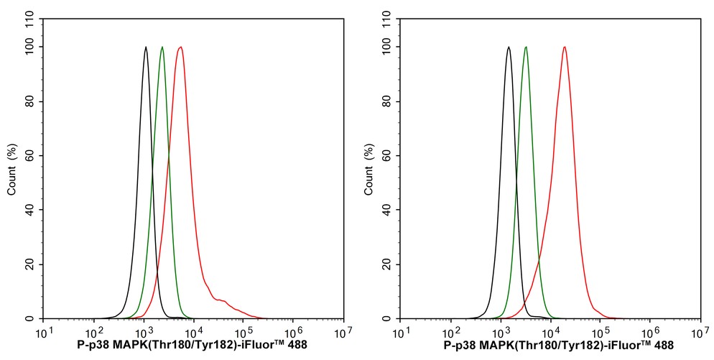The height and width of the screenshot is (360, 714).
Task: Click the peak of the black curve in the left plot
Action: tap(146, 47)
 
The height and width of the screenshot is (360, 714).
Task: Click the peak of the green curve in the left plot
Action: tap(162, 47)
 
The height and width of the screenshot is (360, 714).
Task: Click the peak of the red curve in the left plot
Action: tap(180, 47)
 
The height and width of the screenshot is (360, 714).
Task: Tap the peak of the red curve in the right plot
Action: tap(565, 47)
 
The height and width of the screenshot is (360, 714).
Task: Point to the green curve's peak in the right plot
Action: tap(526, 47)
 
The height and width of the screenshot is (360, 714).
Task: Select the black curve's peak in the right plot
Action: tap(509, 47)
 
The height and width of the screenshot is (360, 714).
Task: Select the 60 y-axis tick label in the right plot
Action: tap(389, 156)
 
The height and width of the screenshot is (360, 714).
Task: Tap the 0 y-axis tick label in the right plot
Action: tap(391, 318)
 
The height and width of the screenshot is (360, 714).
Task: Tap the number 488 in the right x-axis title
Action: tap(663, 346)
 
